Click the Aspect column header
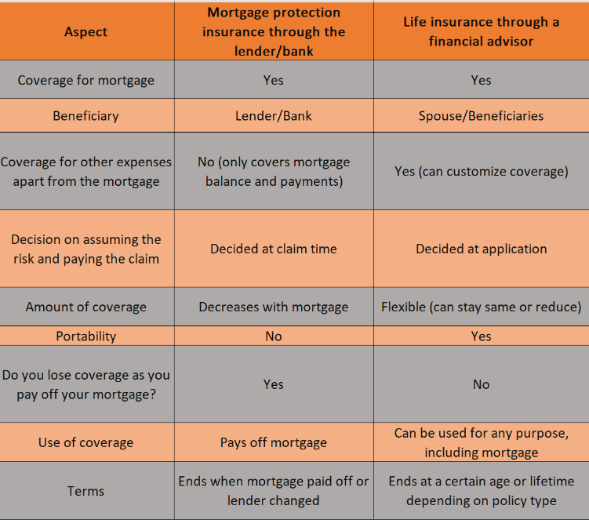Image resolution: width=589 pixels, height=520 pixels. coord(86,32)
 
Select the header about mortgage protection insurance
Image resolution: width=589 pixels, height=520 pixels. coord(274,32)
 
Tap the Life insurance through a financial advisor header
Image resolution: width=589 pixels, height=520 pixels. coord(482,31)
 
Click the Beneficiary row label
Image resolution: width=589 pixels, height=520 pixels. coord(86,116)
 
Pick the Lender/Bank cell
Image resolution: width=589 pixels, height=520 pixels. coord(274,116)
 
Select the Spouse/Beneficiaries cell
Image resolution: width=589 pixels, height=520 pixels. coord(482,116)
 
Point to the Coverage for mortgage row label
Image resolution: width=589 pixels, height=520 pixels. coord(86,80)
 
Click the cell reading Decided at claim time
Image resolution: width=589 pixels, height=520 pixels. coord(274,249)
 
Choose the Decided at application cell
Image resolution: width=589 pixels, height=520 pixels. coord(482,249)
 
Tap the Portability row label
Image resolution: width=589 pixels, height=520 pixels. coord(86,336)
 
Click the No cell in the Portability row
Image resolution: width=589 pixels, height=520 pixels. coord(274,336)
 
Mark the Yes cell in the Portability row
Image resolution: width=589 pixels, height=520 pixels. coord(482,336)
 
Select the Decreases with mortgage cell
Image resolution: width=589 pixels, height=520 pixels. coord(274,307)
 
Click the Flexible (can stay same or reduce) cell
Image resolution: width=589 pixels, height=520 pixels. coord(482,307)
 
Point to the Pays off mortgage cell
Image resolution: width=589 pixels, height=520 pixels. coord(274,442)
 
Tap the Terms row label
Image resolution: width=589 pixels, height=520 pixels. coord(86,491)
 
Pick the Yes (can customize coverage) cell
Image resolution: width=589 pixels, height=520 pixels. coord(482,171)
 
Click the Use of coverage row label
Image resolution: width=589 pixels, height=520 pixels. coord(86,442)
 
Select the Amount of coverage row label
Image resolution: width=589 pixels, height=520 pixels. coord(86,307)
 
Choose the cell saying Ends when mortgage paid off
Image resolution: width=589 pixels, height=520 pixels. coord(274,491)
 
